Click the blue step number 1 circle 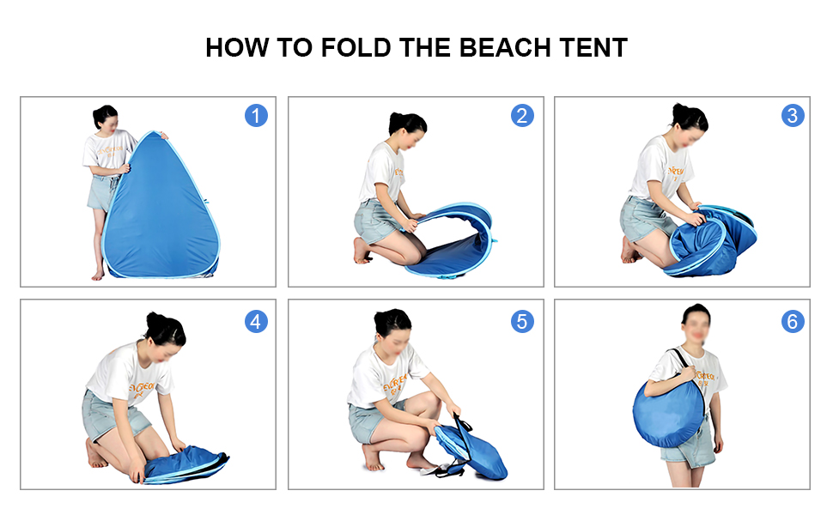[256, 116]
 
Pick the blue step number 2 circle [522, 116]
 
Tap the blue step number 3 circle [793, 116]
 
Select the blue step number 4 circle [256, 322]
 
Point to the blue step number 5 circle [522, 322]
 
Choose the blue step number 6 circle [793, 322]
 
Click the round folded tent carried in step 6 [670, 412]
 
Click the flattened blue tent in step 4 [185, 465]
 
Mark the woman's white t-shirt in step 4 [129, 373]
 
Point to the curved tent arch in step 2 [464, 215]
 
